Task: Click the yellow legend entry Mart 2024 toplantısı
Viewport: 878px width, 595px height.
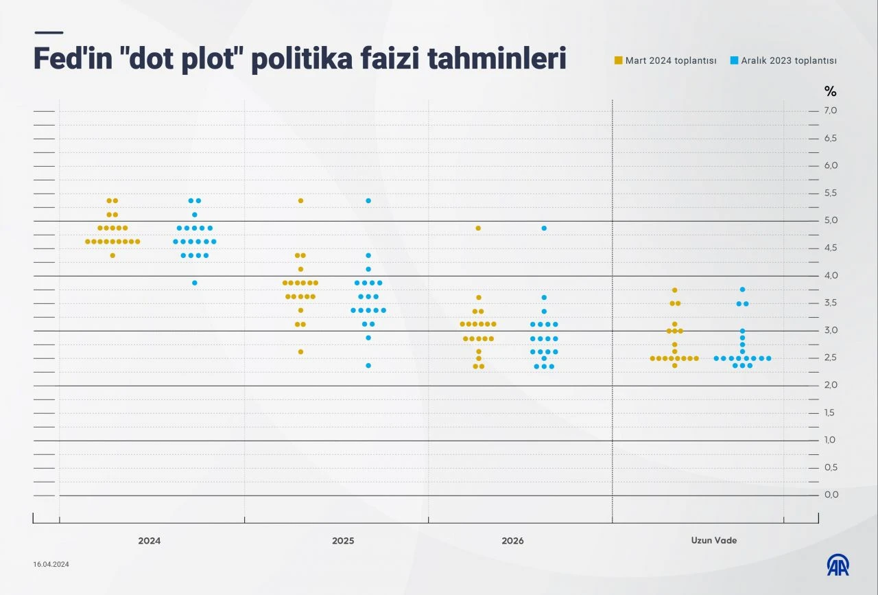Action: coord(665,60)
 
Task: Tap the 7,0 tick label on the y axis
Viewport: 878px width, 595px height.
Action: coord(831,110)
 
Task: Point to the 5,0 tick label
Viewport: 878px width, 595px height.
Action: coord(831,220)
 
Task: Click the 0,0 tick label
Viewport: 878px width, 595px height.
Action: coord(831,495)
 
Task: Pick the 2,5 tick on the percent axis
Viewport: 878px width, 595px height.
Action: coord(831,358)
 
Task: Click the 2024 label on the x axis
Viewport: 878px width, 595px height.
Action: coord(149,541)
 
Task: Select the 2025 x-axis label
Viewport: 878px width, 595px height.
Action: coord(343,541)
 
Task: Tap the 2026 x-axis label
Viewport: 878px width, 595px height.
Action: coord(512,541)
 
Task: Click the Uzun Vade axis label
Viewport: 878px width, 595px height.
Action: coord(714,541)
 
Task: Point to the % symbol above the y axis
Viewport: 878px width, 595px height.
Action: coord(830,91)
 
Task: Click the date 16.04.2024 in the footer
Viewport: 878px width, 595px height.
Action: coord(51,564)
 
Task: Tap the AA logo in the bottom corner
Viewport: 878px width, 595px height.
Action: coord(838,565)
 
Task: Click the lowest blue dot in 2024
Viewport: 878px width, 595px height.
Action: coord(195,283)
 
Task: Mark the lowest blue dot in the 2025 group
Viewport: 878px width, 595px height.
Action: coord(368,365)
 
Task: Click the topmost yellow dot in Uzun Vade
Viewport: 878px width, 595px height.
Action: coord(675,290)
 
